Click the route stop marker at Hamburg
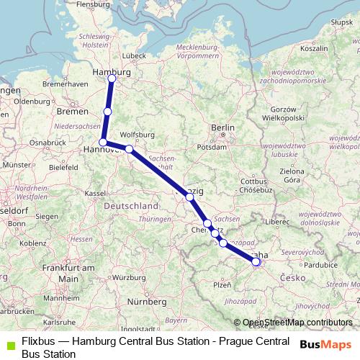point(112,78)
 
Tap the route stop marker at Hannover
point(104,143)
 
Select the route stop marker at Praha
point(256,262)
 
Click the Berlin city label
point(222,127)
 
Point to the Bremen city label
point(72,112)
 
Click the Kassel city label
point(95,193)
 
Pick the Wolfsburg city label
point(138,134)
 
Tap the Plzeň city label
point(222,285)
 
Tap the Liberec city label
point(276,223)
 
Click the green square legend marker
point(10,347)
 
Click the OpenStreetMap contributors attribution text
point(297,323)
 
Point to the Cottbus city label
point(253,181)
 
